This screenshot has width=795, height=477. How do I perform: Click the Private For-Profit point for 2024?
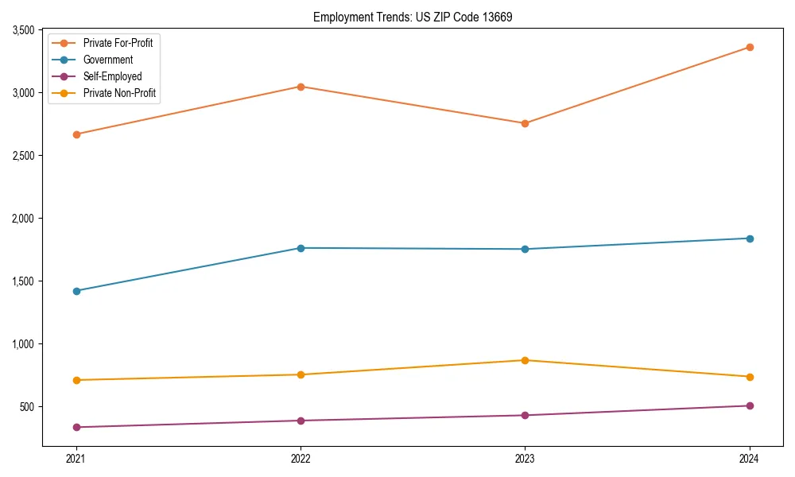749,48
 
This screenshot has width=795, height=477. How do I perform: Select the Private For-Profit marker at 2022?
301,87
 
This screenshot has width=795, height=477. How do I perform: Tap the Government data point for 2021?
76,291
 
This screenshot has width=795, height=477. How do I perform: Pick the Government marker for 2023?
525,250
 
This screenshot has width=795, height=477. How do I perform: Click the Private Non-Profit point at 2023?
525,360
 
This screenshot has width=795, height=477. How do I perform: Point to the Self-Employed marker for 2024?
749,405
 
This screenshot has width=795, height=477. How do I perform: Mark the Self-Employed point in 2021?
76,427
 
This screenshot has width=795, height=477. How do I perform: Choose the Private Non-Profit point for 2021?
76,380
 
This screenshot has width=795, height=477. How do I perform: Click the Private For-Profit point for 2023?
525,123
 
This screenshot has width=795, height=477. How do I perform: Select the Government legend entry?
107,60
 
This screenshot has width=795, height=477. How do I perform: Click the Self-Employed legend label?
112,76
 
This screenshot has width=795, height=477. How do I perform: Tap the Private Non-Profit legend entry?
119,93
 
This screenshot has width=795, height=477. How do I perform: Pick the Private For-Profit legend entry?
118,43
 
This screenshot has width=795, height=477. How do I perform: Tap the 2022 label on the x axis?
301,459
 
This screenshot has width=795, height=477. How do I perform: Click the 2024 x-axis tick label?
749,459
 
